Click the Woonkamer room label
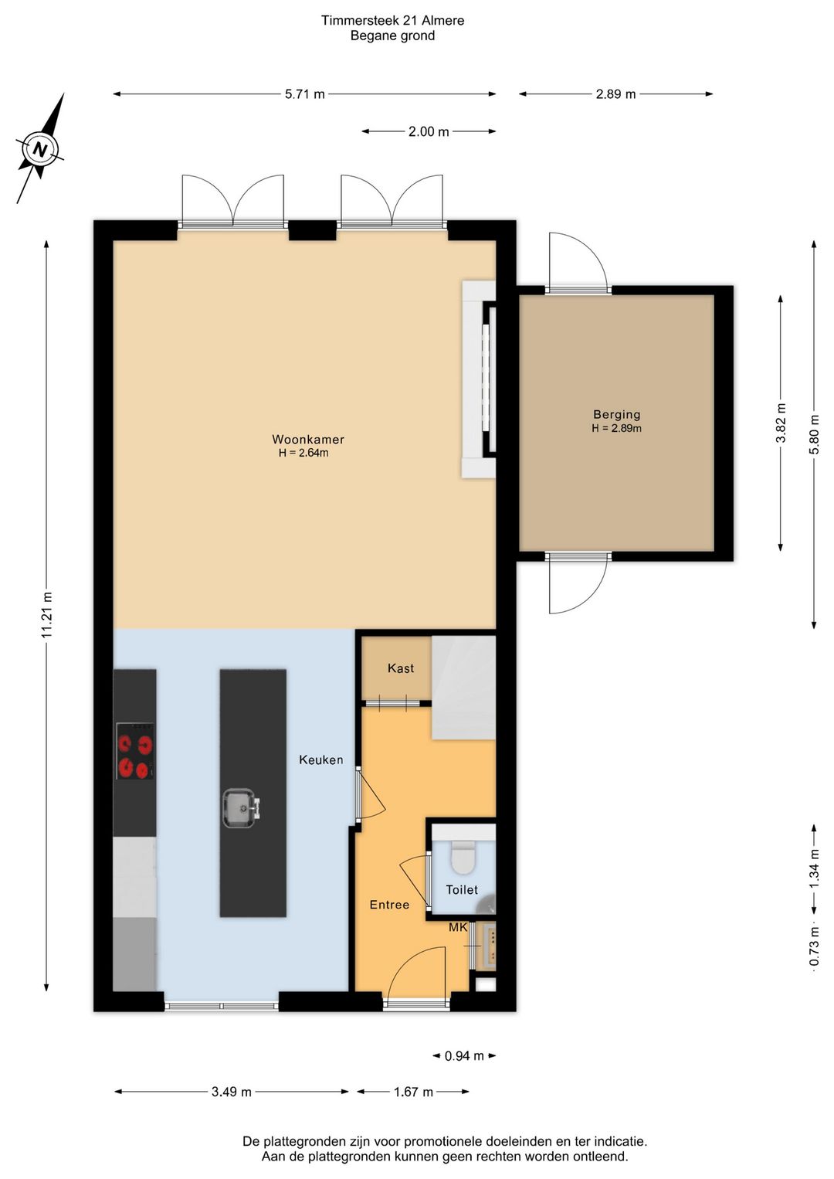(308, 439)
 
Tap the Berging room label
(617, 415)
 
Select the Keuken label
(321, 759)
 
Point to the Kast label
(401, 668)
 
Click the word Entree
(389, 904)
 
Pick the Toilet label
(462, 889)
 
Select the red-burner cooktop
(136, 751)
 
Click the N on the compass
(39, 149)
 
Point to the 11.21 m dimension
(47, 614)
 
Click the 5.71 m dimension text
(305, 94)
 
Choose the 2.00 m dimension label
(429, 131)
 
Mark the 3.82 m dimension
(781, 423)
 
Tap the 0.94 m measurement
(464, 1055)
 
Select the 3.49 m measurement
(232, 1092)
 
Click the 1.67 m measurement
(414, 1092)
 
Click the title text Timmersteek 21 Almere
(392, 21)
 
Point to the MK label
(458, 927)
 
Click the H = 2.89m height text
(617, 428)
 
